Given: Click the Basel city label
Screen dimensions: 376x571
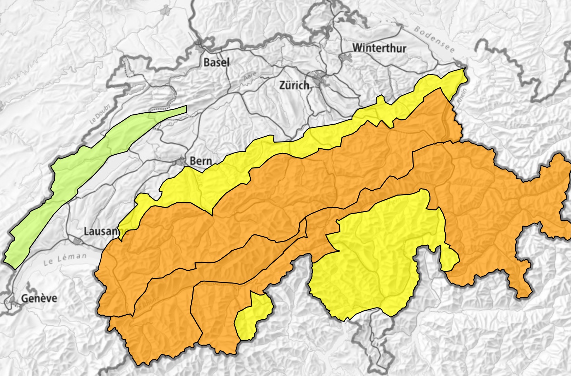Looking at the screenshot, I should [216, 62].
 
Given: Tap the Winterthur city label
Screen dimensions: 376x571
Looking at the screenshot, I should [379, 48].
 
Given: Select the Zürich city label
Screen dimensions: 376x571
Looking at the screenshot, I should [294, 85].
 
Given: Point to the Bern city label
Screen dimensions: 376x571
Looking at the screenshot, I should [201, 161].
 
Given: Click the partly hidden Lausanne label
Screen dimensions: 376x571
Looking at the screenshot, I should [101, 231].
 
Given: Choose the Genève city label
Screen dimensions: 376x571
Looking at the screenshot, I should [39, 298].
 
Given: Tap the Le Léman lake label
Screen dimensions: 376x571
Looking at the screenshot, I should [65, 259].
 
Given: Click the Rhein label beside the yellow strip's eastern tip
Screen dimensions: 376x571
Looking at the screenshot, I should [463, 96].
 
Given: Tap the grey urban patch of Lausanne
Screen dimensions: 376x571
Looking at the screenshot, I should [77, 241].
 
